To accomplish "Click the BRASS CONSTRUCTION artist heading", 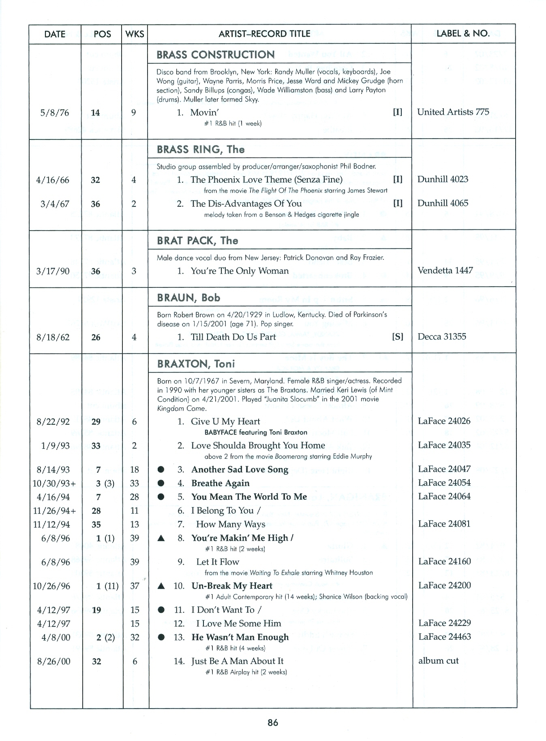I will click(x=216, y=55).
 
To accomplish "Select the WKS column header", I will click(x=135, y=34).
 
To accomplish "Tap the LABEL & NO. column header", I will click(x=463, y=34).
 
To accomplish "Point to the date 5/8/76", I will click(x=55, y=113).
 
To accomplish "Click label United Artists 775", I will click(x=453, y=112).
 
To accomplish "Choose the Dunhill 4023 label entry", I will click(x=443, y=179).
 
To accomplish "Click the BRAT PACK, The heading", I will click(x=197, y=241).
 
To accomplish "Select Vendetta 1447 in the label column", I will click(x=445, y=270).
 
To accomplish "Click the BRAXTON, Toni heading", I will click(x=196, y=364).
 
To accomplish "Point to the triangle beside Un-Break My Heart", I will click(x=161, y=586).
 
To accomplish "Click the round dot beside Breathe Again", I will click(x=161, y=483).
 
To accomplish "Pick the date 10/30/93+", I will click(x=54, y=483).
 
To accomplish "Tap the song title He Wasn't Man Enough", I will click(x=240, y=637).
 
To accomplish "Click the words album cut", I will click(x=438, y=661).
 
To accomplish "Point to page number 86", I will click(x=273, y=722).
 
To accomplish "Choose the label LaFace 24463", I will click(x=445, y=637).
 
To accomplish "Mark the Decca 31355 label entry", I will click(x=442, y=336).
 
